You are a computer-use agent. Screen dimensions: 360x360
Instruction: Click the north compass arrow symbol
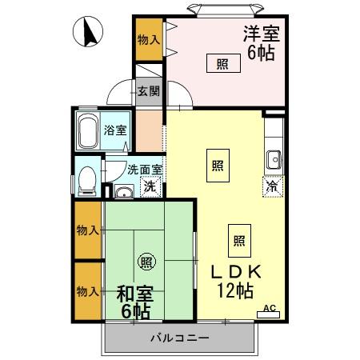(90, 34)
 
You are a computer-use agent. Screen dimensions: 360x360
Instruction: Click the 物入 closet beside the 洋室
(148, 38)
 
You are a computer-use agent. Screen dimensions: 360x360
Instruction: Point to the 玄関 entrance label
(148, 90)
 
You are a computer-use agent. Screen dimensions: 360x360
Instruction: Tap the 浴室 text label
(116, 130)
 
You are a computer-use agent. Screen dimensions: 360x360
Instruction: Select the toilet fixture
(86, 182)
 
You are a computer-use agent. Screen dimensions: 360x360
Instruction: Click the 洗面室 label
(146, 169)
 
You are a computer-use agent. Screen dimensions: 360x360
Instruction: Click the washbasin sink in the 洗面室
(123, 192)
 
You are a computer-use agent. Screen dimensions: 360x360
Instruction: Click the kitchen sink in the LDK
(274, 159)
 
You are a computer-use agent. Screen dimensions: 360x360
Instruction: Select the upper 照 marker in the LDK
(218, 166)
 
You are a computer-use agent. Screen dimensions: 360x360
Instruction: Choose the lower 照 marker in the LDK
(238, 239)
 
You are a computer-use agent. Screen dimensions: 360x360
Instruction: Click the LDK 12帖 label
(235, 280)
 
